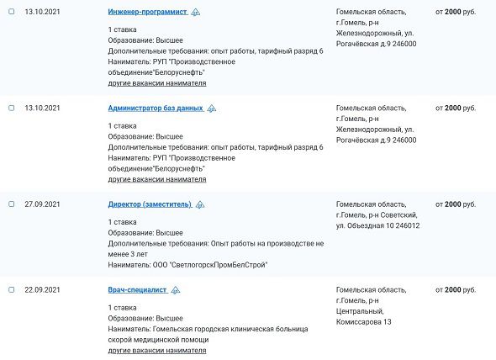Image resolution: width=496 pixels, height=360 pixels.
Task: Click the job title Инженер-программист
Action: pos(148,13)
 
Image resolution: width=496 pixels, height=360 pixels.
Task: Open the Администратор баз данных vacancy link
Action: pos(156,109)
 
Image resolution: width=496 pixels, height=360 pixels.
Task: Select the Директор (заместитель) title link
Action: pos(150,204)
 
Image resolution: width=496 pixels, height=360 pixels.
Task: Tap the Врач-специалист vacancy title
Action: pos(137,290)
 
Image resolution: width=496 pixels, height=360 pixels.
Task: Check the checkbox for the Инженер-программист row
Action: pos(12,12)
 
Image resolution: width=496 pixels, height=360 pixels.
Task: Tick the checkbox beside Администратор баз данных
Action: pos(12,109)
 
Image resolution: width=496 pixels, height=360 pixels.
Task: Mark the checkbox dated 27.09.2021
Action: pos(12,204)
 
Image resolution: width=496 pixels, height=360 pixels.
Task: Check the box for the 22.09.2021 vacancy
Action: pos(12,289)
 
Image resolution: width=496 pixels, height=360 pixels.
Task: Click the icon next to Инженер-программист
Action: pos(196,13)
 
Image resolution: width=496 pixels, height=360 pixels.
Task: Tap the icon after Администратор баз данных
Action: pos(212,109)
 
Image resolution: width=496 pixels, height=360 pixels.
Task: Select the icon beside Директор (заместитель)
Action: pos(200,204)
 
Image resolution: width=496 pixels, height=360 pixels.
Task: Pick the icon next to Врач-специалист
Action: pos(175,290)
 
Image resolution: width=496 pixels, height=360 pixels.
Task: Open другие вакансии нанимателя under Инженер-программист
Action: pos(156,83)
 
